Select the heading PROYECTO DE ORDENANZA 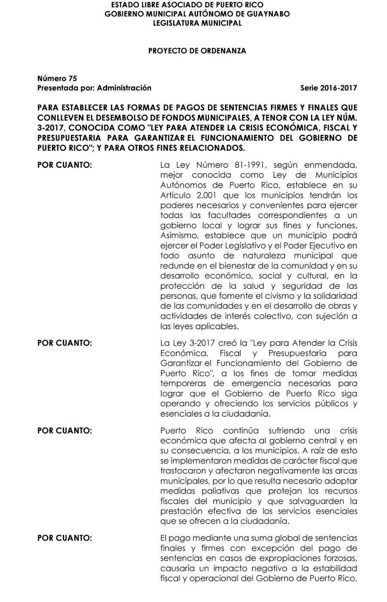point(197,51)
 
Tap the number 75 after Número point(72,78)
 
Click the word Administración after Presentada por point(124,88)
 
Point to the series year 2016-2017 point(339,88)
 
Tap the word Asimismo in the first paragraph point(178,236)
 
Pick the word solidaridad point(335,296)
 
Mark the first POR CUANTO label point(64,165)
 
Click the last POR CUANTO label point(64,538)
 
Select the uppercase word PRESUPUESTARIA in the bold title point(69,138)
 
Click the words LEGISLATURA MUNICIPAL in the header point(197,23)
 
